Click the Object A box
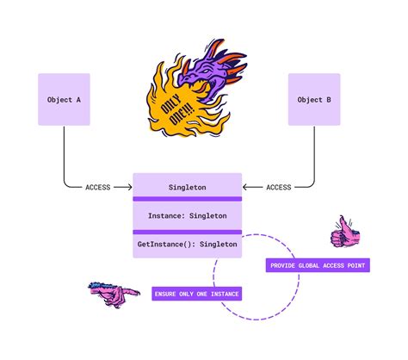[x=65, y=100]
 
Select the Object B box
[x=314, y=100]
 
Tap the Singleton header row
[x=188, y=186]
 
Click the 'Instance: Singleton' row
[x=188, y=215]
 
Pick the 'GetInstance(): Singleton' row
[x=188, y=245]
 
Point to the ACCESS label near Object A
[x=97, y=187]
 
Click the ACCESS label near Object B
[x=278, y=187]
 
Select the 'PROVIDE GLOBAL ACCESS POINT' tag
[x=318, y=265]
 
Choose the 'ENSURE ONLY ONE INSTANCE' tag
[x=197, y=294]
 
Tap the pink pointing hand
[x=114, y=293]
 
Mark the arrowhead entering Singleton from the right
[x=245, y=187]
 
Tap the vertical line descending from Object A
[x=65, y=155]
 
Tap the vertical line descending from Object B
[x=314, y=155]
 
